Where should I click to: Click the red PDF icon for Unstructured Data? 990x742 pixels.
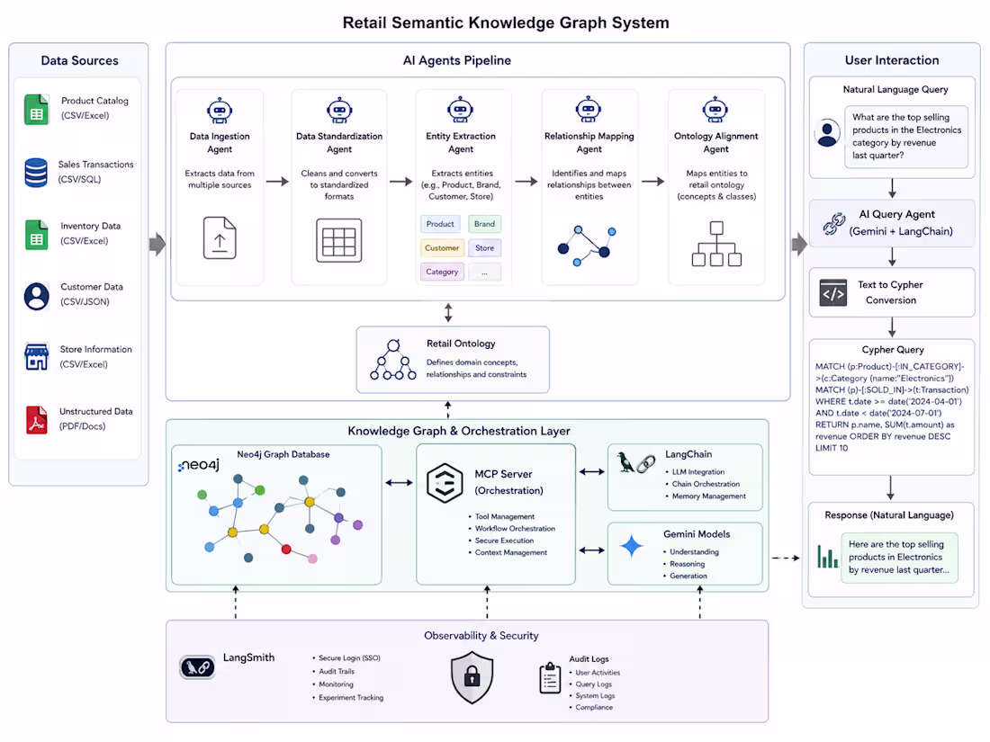coord(37,420)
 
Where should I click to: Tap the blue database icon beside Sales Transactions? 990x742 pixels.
coord(36,173)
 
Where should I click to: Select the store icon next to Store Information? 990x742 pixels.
coord(37,356)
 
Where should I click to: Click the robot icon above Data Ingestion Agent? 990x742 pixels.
coord(220,111)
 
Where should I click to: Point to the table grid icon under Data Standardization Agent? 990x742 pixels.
coord(339,240)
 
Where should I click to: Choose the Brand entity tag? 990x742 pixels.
coord(484,224)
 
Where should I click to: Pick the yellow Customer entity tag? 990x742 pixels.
coord(442,248)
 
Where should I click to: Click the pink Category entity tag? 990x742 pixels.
coord(442,272)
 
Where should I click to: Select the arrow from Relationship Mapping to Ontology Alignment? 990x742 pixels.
coord(652,182)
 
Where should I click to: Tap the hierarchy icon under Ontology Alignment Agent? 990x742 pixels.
coord(716,244)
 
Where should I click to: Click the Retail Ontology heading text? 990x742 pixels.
coord(461,344)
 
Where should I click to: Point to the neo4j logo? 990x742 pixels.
coord(198,465)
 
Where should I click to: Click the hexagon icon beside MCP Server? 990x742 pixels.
coord(445,483)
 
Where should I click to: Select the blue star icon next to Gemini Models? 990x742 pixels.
coord(632,546)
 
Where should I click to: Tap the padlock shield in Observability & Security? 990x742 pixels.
coord(472,677)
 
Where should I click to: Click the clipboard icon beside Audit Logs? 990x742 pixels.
coord(550,678)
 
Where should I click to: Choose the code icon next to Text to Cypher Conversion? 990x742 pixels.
coord(833,293)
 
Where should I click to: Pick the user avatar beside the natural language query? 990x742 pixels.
coord(827,133)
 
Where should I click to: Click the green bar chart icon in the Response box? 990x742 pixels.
coord(827,557)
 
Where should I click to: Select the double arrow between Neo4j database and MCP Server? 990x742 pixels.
coord(399,483)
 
